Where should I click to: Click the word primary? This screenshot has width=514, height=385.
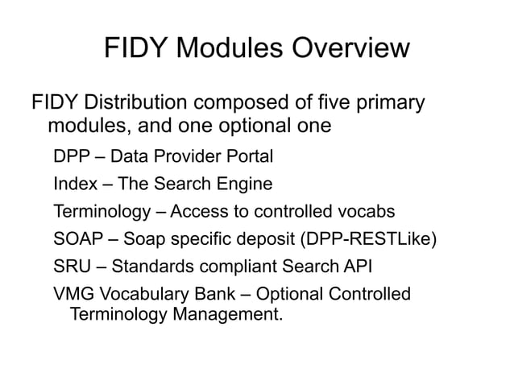(387, 105)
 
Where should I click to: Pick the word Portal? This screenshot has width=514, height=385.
(249, 155)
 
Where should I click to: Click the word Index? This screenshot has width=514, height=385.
(73, 184)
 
